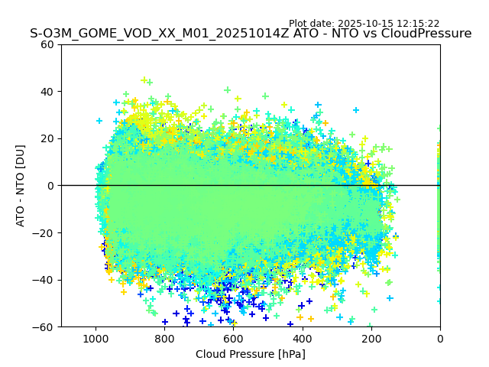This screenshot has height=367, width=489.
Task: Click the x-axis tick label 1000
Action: point(96,338)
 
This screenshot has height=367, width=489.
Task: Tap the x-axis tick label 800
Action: point(164,338)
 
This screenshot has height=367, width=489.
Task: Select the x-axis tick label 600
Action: point(233,338)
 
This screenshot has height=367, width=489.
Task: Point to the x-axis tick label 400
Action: point(303,338)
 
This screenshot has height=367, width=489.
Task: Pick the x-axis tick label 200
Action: point(371,338)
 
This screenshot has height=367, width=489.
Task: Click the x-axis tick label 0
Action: point(440,338)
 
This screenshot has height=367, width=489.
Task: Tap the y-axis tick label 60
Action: point(47,44)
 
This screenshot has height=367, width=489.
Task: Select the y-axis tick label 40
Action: point(47,92)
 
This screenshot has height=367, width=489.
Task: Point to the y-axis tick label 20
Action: point(47,138)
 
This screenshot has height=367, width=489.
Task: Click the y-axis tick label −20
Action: point(44,233)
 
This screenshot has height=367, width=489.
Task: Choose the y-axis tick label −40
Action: point(44,280)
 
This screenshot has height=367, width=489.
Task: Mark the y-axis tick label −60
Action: point(44,327)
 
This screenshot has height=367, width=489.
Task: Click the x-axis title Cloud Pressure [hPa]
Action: point(251,354)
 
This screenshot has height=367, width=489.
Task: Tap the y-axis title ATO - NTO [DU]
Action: point(21,186)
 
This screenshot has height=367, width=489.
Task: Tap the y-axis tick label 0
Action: point(50,186)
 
